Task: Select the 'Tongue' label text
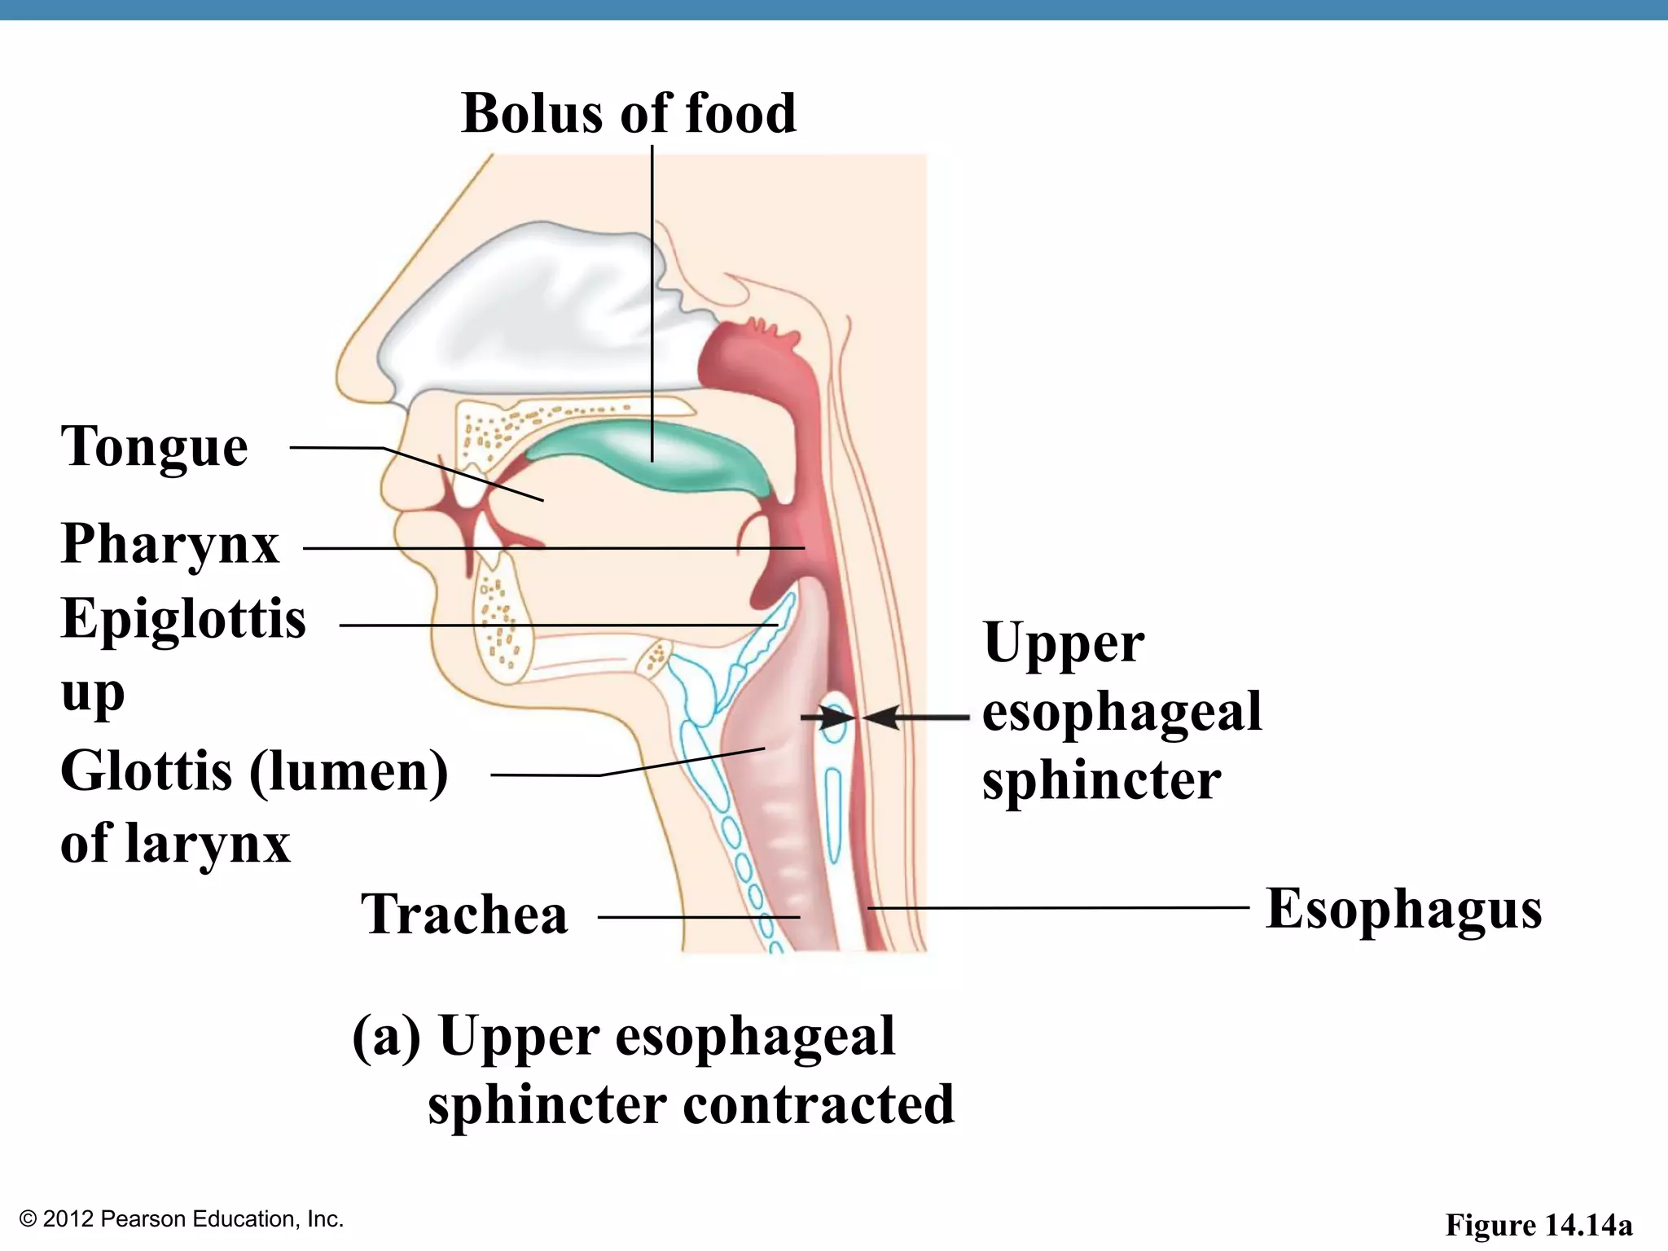coord(155,447)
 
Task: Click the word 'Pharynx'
coord(169,543)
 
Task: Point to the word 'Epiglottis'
coord(183,619)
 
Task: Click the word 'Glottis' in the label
coord(147,770)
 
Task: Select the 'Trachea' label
coord(464,915)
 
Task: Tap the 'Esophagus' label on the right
coord(1403,909)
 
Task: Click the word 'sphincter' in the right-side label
coord(1101,780)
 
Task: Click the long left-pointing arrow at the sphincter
coord(916,718)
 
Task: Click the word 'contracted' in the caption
coord(818,1105)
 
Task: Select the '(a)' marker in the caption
coord(386,1037)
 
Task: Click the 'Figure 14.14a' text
coord(1539,1225)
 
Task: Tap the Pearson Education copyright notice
coord(182,1219)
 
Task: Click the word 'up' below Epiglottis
coord(92,694)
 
